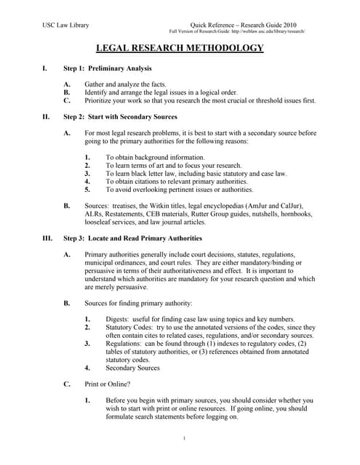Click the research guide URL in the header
coord(237,31)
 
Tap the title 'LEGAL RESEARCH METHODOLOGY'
coord(180,49)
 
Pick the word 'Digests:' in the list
coord(121,320)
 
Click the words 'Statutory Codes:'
coord(134,328)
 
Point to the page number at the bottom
coord(185,438)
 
